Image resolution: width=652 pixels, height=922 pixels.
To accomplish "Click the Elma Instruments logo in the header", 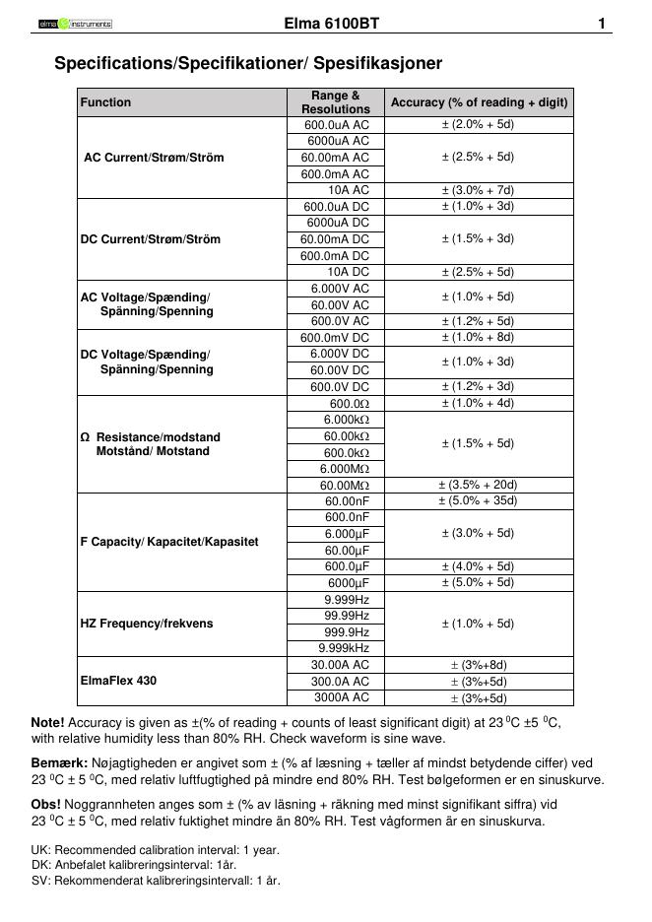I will [x=75, y=23].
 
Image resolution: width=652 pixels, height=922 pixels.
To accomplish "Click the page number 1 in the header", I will [x=601, y=23].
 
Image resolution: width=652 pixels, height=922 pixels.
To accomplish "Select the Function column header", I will [x=105, y=102].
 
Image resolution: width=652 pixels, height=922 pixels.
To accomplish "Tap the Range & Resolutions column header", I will [x=335, y=102].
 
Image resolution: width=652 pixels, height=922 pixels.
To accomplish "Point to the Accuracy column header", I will [x=479, y=102].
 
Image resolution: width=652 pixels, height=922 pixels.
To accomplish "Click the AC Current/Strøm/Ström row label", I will [x=154, y=158].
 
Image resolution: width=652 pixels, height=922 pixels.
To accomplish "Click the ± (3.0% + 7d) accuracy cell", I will [x=478, y=190].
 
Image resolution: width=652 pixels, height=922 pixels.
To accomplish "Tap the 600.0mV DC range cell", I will [x=335, y=338].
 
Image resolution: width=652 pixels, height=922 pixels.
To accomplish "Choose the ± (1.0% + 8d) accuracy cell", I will [x=478, y=338].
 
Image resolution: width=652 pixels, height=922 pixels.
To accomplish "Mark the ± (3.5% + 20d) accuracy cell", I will [x=478, y=485].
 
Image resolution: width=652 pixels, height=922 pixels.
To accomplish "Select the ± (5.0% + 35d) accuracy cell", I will [x=478, y=501].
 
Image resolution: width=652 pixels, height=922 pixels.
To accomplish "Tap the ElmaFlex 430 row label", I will [x=118, y=681].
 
